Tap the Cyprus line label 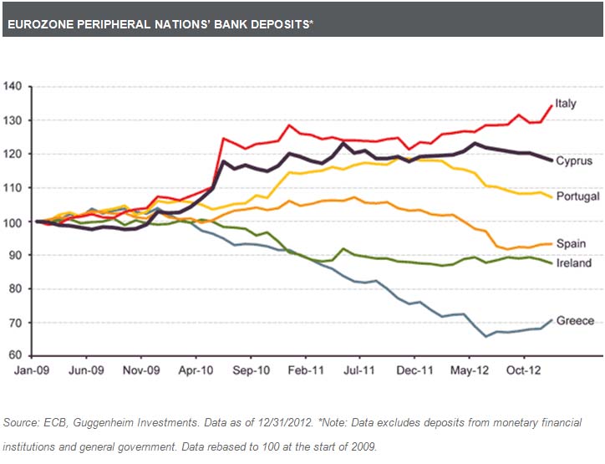573,161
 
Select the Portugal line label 577,196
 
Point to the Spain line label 571,244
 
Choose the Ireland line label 573,263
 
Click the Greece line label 575,320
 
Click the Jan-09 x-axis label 34,369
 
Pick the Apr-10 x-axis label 194,369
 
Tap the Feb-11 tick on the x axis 307,369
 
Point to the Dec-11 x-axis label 414,369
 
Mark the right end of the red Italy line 552,105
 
